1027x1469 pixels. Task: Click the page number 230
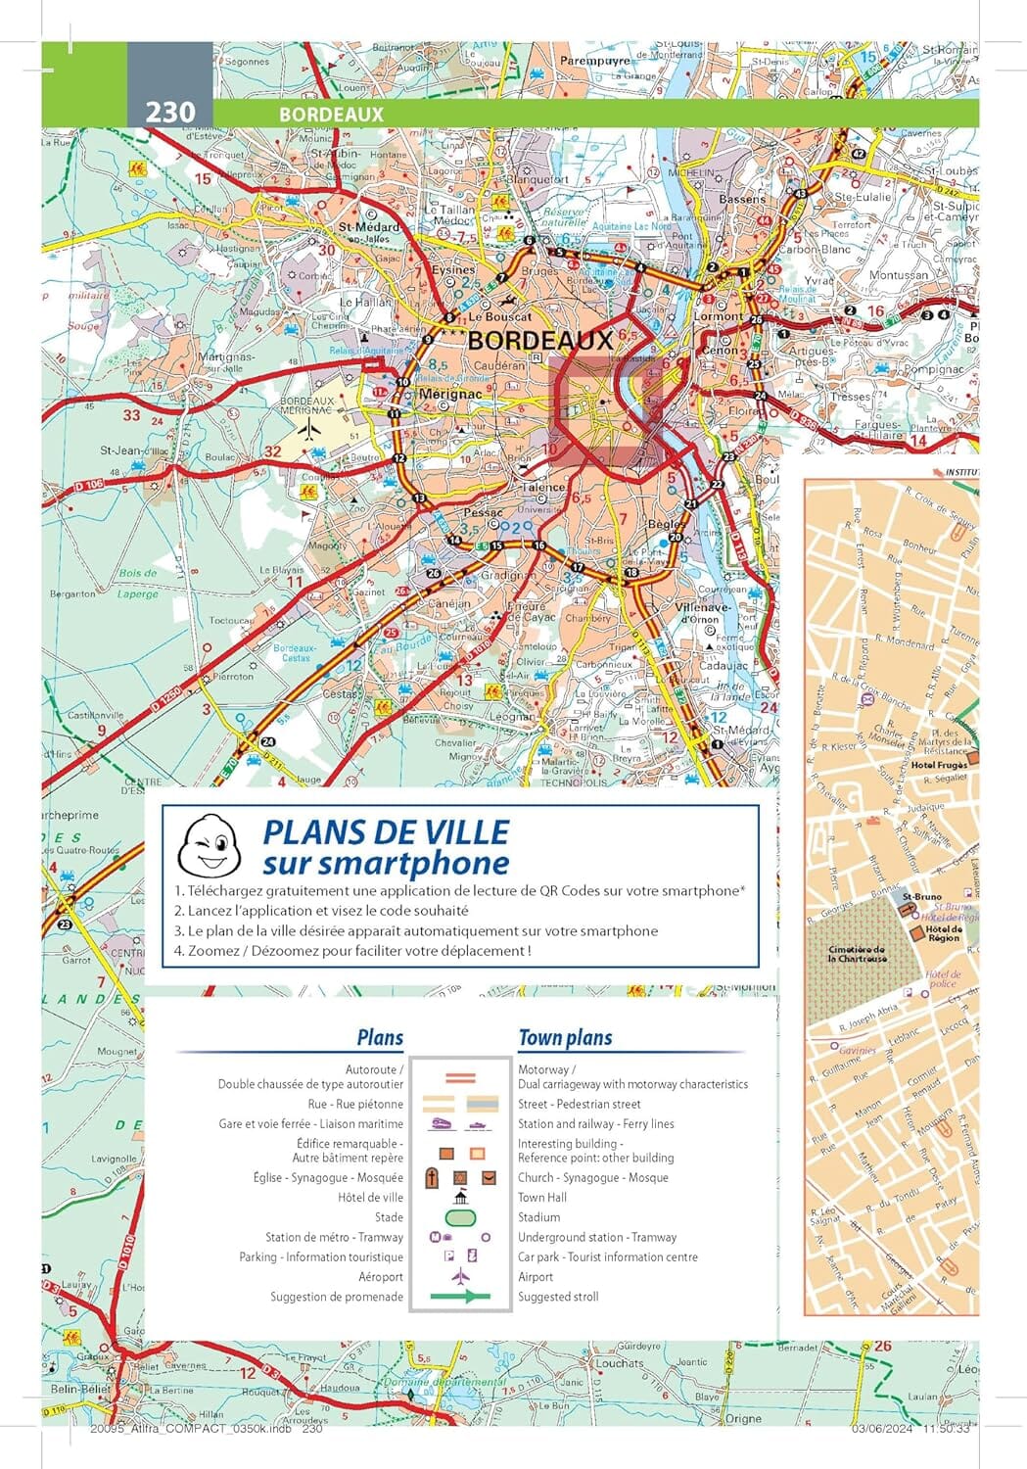click(170, 113)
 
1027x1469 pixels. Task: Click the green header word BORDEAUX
click(331, 114)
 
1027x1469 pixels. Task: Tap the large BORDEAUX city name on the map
click(540, 341)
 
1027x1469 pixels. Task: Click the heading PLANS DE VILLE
click(386, 832)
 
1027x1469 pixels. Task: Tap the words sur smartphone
click(386, 864)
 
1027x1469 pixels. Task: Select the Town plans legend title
click(565, 1038)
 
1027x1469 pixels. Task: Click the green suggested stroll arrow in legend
click(460, 1297)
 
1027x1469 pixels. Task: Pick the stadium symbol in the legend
click(460, 1217)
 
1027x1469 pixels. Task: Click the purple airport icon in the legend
click(460, 1277)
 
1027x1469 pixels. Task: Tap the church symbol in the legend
click(432, 1178)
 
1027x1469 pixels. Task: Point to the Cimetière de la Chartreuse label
click(857, 954)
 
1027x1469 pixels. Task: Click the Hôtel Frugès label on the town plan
click(938, 765)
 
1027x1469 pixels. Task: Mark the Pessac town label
click(482, 512)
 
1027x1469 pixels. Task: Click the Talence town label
click(543, 487)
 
